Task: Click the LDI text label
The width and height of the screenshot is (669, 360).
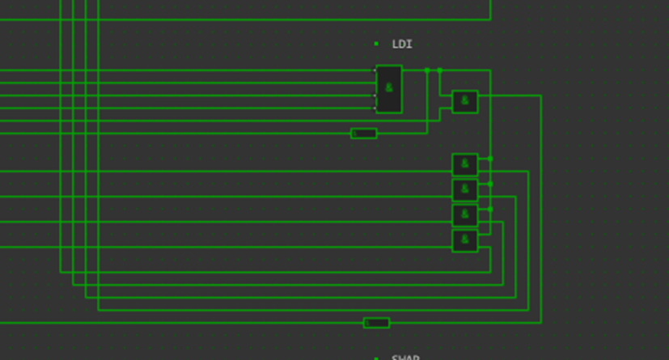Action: (x=402, y=44)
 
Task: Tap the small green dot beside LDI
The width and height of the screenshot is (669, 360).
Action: (x=376, y=44)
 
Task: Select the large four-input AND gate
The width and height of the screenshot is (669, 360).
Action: (x=389, y=88)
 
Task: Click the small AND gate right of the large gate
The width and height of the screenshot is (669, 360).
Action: (x=464, y=101)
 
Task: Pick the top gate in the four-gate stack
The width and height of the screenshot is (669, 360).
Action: (x=464, y=164)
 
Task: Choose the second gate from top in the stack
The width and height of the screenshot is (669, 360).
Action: (x=464, y=189)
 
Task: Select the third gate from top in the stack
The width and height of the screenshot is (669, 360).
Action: (x=464, y=214)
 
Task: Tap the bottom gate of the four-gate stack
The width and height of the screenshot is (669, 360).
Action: (x=464, y=240)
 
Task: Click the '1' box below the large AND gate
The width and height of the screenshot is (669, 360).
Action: (x=363, y=133)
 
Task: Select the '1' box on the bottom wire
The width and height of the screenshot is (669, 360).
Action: (x=376, y=323)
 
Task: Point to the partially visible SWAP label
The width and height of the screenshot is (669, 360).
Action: (x=405, y=357)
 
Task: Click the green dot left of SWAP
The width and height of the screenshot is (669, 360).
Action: (x=376, y=358)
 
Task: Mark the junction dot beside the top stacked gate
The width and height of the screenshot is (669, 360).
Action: (x=490, y=159)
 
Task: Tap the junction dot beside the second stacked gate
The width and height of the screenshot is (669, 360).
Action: (x=490, y=184)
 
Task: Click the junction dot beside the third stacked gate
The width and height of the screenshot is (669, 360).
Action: (x=490, y=210)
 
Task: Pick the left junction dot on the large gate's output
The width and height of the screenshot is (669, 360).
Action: (x=427, y=70)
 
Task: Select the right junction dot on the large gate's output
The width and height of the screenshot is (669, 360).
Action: (x=439, y=70)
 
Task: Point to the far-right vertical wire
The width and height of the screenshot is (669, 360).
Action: (x=540, y=202)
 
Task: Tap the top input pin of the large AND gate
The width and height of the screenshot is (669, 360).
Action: (x=375, y=70)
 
